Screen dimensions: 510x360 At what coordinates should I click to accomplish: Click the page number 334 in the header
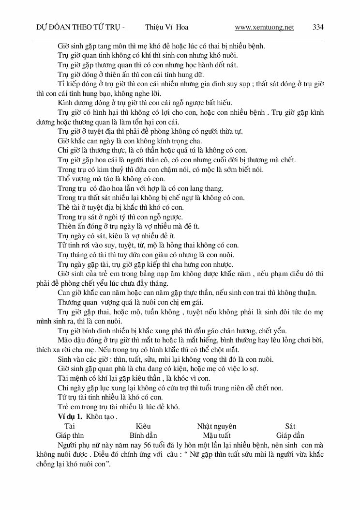pos(318,27)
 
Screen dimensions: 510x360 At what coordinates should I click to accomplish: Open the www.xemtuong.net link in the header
pos(264,27)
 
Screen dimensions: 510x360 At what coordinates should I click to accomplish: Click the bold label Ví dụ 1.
pos(70,417)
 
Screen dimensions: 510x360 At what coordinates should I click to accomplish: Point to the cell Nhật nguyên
pos(216,426)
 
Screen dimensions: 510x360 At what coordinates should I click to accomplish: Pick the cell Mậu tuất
pos(217,435)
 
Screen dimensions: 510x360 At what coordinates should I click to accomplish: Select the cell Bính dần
pos(143,435)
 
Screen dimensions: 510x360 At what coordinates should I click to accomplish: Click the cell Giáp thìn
pos(70,435)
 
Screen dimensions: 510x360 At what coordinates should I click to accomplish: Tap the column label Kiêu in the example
pos(143,426)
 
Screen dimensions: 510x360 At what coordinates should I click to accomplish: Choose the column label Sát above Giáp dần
pos(290,426)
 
